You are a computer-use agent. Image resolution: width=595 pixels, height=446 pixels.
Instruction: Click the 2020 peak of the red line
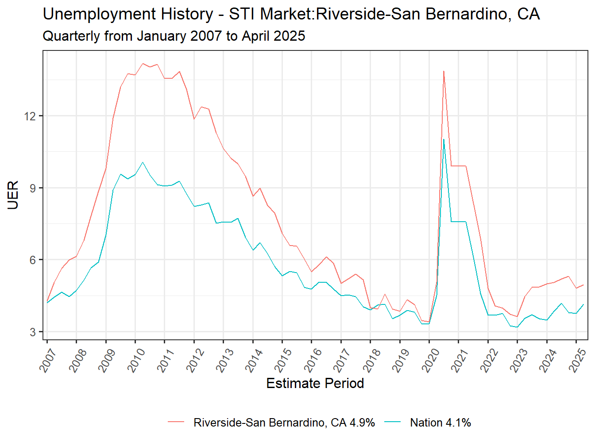click(x=444, y=71)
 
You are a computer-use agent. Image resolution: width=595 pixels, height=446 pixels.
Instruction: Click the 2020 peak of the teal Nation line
click(x=444, y=140)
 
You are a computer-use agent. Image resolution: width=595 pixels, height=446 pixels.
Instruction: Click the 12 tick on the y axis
click(x=30, y=116)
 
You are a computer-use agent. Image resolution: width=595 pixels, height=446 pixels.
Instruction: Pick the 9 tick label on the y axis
click(x=33, y=188)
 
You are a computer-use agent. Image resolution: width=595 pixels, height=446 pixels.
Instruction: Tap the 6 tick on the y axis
click(x=33, y=260)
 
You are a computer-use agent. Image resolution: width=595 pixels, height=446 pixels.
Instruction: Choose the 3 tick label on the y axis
click(x=33, y=332)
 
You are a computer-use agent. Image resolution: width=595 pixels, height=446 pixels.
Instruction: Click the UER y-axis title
click(x=13, y=195)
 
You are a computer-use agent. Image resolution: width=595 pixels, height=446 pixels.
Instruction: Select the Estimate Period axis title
click(x=315, y=383)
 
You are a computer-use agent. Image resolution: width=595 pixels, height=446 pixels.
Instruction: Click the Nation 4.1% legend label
click(x=440, y=423)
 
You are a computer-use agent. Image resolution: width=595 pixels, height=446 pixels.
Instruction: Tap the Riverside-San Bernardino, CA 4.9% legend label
click(x=284, y=423)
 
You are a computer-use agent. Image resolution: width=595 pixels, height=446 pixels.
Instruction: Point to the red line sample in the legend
click(x=176, y=423)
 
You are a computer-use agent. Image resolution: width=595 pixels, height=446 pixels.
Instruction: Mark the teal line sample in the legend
click(x=393, y=423)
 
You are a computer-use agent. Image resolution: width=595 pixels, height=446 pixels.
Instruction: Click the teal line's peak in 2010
click(x=143, y=162)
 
